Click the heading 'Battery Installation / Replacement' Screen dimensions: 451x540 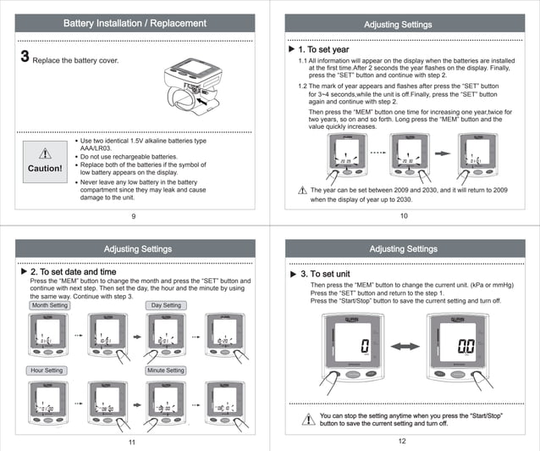pos(135,24)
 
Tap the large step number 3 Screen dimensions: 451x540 pos(25,58)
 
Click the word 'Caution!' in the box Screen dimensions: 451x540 pos(46,168)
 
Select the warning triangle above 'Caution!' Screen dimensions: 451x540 pos(46,153)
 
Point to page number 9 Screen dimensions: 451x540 pos(134,217)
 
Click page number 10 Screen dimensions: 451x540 pos(404,217)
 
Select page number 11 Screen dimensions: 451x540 pos(131,443)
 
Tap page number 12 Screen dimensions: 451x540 pos(402,442)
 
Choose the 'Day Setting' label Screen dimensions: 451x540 pos(166,305)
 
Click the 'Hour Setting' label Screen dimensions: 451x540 pos(47,370)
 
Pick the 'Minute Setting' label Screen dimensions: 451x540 pos(166,370)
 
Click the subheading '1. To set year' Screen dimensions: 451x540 pos(323,50)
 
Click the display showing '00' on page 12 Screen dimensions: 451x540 pos(465,347)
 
